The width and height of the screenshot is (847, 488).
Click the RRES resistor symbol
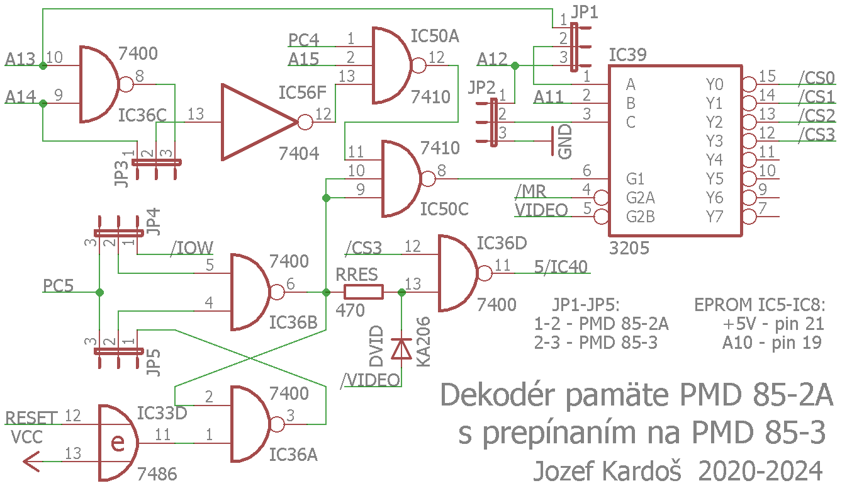tap(363, 292)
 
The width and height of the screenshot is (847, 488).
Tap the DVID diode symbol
tap(401, 348)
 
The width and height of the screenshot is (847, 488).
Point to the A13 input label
tap(20, 60)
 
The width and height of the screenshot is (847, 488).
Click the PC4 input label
tap(304, 40)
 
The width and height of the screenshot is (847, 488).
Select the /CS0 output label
tap(816, 79)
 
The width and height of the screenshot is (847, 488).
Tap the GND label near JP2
tap(566, 141)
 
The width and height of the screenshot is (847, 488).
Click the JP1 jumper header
tap(574, 48)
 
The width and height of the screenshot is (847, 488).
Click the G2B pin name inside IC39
tap(641, 217)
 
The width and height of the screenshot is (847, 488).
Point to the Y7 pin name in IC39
tap(714, 217)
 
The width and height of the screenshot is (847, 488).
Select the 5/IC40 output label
tap(561, 267)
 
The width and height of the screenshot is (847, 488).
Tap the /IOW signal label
tap(191, 248)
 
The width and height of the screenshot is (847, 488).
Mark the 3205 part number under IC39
tap(629, 249)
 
